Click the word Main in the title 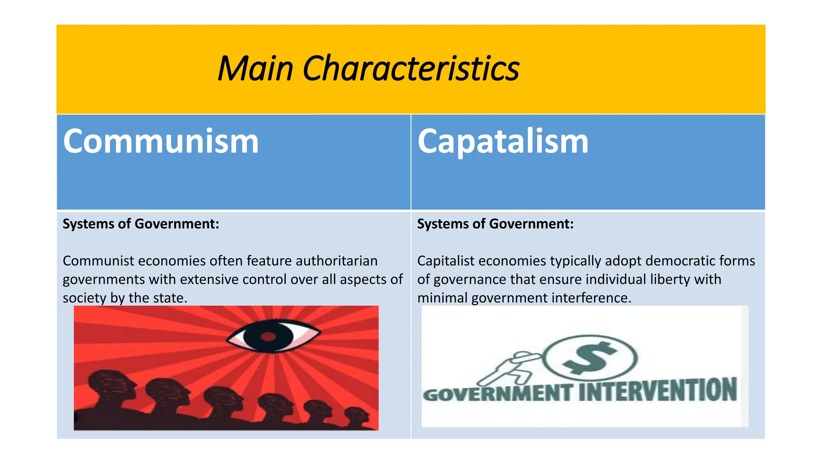coord(255,68)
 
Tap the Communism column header coord(161,141)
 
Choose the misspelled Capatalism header coord(503,141)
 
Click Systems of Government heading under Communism coord(141,224)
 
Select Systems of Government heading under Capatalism coord(495,224)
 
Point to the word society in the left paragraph coord(85,298)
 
